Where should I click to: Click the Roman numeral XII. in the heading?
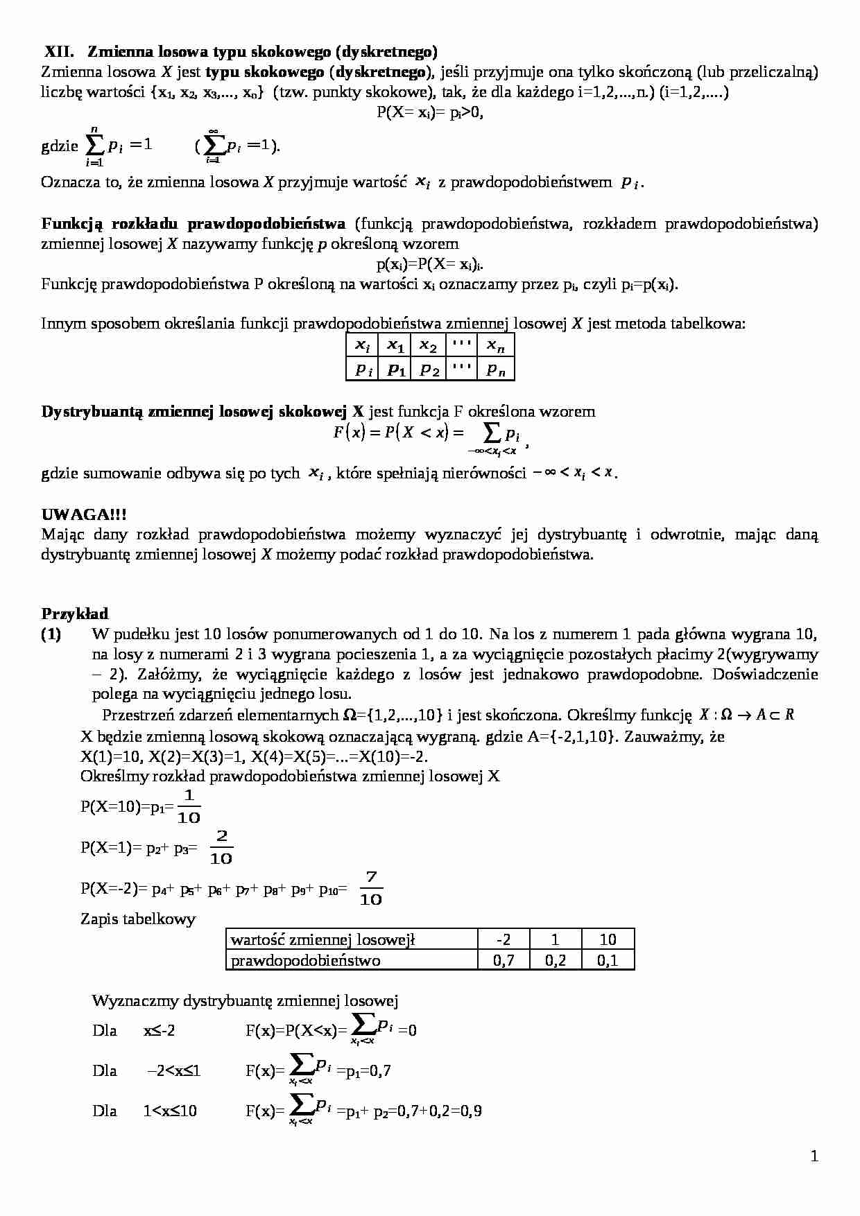coord(59,51)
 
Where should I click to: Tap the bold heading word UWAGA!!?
coord(84,514)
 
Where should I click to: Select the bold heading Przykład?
coord(75,614)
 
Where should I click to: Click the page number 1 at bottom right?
coord(814,1156)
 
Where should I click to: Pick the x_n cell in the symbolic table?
coord(495,345)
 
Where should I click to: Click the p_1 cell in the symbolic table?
coord(395,370)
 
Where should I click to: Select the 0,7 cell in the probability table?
coord(504,960)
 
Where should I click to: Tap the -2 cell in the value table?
coord(504,939)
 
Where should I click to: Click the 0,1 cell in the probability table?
coord(608,960)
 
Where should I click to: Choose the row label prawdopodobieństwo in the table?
coord(305,960)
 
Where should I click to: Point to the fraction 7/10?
coord(371,889)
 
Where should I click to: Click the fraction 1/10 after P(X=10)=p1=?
coord(189,807)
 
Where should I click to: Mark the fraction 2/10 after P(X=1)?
coord(221,848)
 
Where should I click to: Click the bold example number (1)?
coord(51,634)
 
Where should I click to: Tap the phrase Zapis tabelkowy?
coord(138,919)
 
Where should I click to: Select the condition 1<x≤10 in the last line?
coord(170,1111)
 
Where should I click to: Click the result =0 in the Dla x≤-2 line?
coord(408,1030)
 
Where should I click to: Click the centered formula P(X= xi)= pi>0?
coord(429,112)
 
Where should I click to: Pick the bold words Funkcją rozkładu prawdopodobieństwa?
coord(193,223)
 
